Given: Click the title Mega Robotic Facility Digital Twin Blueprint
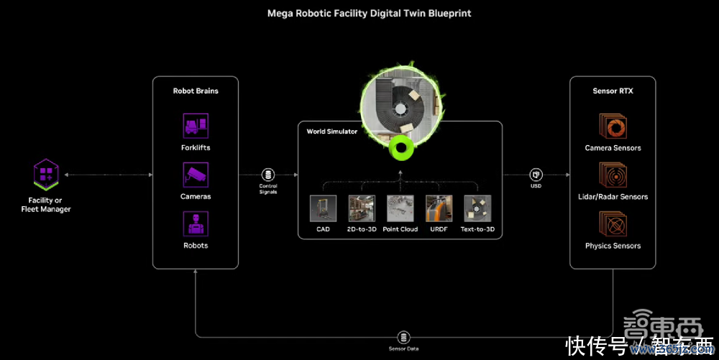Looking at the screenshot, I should tap(359, 13).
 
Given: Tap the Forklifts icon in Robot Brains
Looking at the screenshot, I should tap(196, 126).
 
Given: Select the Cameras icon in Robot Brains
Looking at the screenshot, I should tap(196, 175).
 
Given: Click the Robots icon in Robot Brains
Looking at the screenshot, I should tap(196, 223).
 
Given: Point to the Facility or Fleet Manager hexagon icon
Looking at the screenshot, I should tap(46, 174).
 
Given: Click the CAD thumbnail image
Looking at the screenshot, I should tap(323, 208).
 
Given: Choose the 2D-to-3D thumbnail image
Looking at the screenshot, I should tap(362, 208).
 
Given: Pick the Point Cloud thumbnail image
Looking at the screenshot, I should tap(400, 208).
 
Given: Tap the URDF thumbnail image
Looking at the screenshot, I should tap(439, 208).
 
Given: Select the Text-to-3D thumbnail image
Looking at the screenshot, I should tap(477, 208).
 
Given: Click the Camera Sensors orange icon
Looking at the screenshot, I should tap(613, 126).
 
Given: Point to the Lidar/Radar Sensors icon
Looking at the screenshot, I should tap(613, 175).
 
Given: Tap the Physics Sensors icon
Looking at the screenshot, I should tap(613, 223).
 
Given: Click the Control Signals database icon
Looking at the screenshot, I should tap(268, 175).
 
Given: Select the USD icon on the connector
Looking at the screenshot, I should tap(536, 175).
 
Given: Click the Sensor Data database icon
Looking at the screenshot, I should tap(403, 337).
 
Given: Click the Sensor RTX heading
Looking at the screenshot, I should tap(613, 91).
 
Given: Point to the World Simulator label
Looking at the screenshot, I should tap(331, 131).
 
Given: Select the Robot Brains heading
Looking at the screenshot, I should tap(196, 91).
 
